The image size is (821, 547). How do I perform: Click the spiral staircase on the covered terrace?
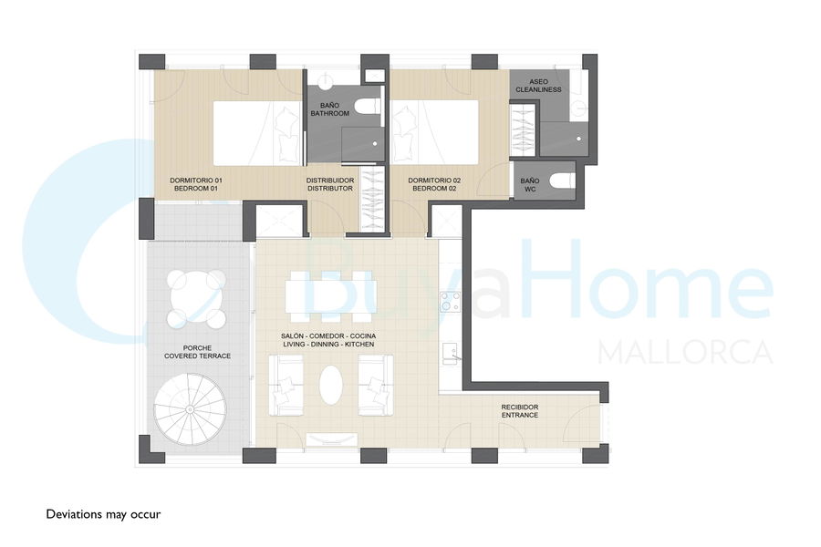tap(190, 409)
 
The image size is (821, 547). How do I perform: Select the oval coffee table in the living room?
tap(331, 385)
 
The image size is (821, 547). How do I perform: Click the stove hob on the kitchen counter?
tap(450, 302)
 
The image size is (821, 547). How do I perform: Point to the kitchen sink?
tap(451, 354)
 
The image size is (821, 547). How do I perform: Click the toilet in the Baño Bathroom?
tap(367, 107)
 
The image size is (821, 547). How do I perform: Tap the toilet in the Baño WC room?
tap(561, 181)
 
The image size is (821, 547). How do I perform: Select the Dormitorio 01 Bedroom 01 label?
tap(196, 184)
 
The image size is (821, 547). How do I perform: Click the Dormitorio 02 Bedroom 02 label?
tap(434, 184)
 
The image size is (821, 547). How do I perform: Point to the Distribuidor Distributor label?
tap(330, 184)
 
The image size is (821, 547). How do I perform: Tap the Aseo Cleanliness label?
tap(538, 86)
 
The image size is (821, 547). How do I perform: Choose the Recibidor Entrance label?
tap(519, 411)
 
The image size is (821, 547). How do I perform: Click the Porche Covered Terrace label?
tap(197, 352)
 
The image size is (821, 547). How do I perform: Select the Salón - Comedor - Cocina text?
tap(328, 336)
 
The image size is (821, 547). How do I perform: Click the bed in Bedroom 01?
tap(258, 133)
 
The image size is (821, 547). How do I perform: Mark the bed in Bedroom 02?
tap(434, 131)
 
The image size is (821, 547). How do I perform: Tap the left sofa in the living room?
tap(286, 385)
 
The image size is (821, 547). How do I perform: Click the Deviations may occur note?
tap(104, 514)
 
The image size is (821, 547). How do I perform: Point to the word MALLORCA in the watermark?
tap(685, 352)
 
